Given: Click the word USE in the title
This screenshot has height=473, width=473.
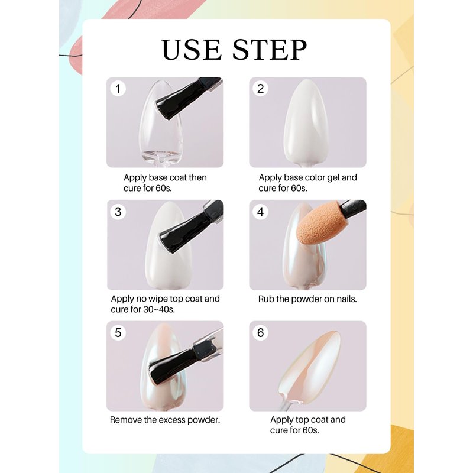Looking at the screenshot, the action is pos(192,50).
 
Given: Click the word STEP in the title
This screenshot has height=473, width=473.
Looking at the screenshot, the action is pos(270,50).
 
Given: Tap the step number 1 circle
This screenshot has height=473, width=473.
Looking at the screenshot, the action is pos(118,89).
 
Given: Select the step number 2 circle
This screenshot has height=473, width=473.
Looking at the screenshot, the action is pos(260,89).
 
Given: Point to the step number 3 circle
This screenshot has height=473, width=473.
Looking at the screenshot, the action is pos(118,212).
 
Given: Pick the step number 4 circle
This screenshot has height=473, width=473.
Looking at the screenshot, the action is pos(260,212).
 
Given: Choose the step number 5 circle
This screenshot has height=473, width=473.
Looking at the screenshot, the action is pos(118,333).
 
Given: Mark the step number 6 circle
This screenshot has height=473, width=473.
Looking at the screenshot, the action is pos(260,333).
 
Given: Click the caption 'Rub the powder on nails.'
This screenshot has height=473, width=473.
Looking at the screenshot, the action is pos(307,299).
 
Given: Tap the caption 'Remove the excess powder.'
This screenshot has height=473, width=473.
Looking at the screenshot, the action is pos(165,420).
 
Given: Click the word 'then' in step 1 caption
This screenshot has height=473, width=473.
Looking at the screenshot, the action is pos(197,177).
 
